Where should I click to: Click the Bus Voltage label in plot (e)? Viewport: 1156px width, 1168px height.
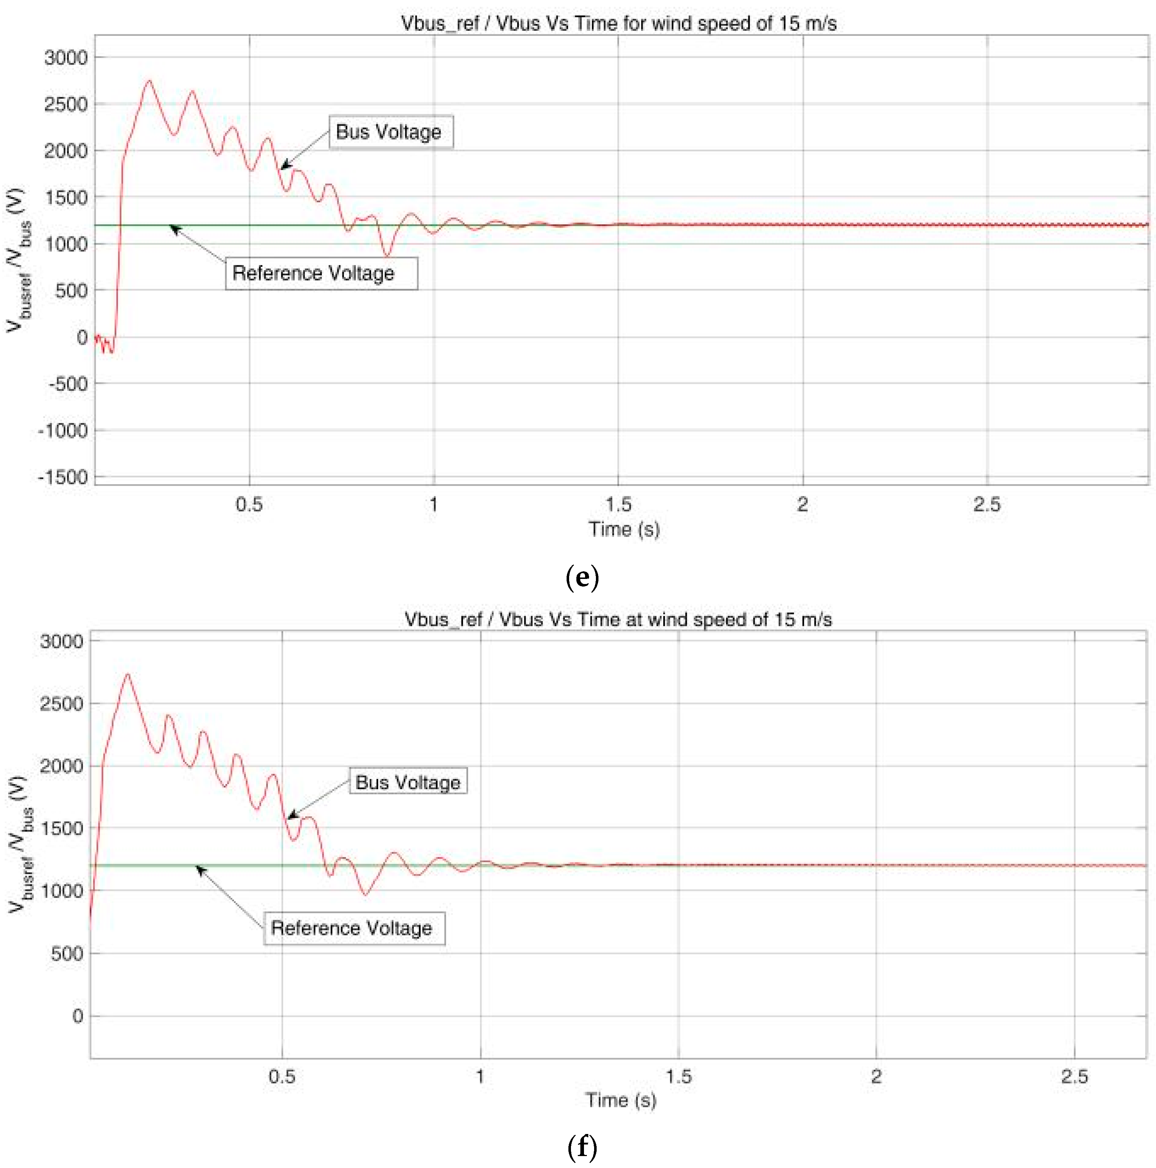click(390, 132)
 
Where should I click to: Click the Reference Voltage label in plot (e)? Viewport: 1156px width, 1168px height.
click(321, 273)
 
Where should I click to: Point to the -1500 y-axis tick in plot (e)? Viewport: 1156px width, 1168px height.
click(63, 477)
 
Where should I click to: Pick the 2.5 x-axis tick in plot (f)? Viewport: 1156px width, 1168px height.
click(1074, 1076)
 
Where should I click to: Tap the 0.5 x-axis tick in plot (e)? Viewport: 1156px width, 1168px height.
click(249, 504)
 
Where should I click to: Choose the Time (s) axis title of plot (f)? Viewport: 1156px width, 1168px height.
click(620, 1100)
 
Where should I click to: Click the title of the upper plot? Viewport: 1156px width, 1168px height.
click(618, 24)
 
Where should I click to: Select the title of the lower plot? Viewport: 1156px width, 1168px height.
click(618, 620)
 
